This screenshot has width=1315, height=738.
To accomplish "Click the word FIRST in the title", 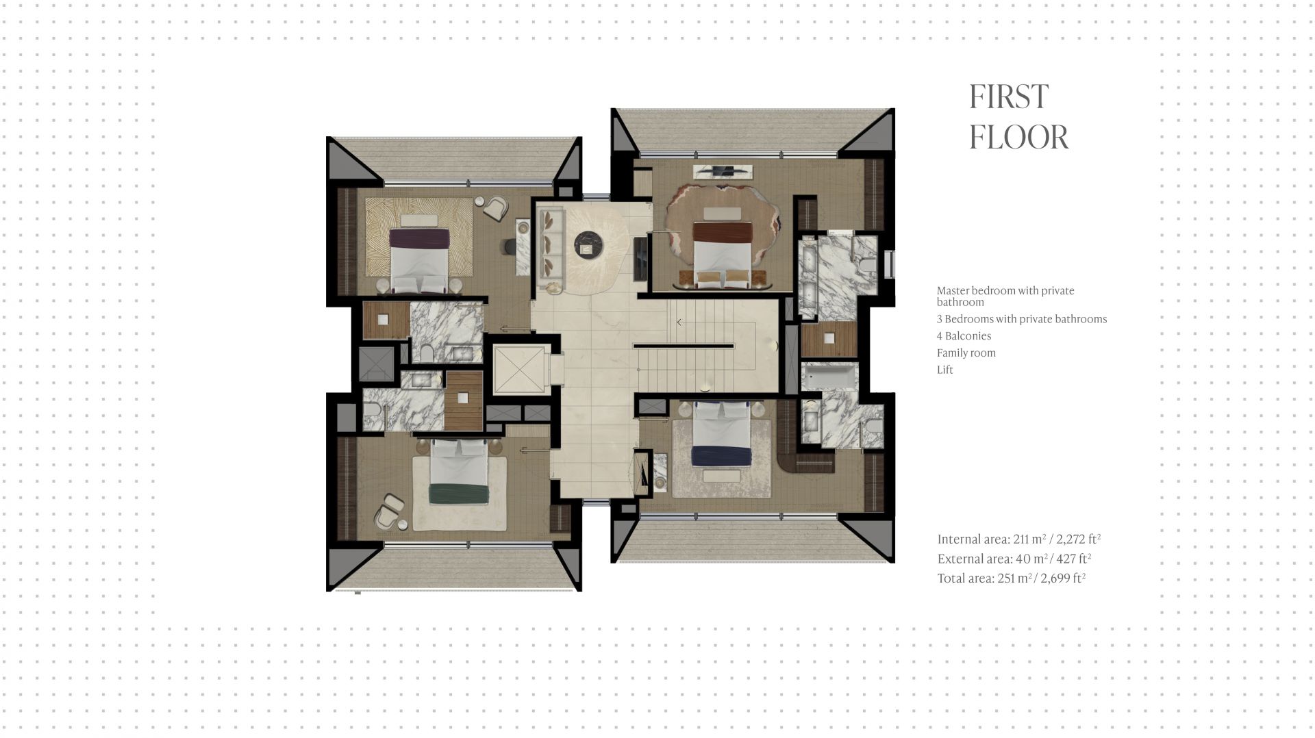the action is tap(1009, 97).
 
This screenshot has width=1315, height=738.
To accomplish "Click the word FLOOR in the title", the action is tap(1018, 137).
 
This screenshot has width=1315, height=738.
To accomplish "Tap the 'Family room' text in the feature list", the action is tap(966, 353).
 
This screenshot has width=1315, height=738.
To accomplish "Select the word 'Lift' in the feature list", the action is tap(944, 370).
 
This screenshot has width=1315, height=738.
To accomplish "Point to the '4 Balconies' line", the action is tap(964, 335).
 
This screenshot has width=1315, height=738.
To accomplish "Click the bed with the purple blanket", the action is tap(419, 259).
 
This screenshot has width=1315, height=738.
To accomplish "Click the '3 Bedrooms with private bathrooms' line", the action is tap(1022, 319).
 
